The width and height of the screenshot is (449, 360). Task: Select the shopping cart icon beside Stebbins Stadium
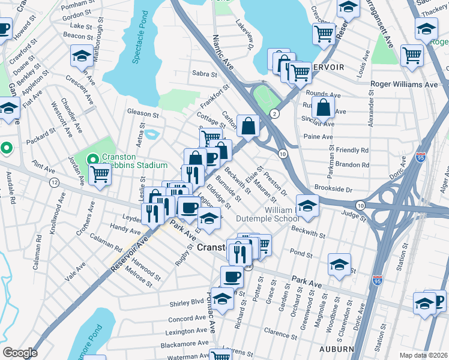tap(100, 175)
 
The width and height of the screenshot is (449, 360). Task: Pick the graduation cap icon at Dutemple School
tap(307, 206)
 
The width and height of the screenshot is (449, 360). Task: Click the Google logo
tap(20, 353)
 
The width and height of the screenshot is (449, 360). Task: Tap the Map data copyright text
tap(423, 355)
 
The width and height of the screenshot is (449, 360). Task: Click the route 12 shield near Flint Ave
tap(54, 182)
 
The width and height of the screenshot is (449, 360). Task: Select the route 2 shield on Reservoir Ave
tap(274, 113)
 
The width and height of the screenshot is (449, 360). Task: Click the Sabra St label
tap(204, 74)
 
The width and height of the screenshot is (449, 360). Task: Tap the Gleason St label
tap(143, 113)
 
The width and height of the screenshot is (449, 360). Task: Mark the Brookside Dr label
tap(332, 188)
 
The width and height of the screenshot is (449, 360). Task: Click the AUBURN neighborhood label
tap(337, 349)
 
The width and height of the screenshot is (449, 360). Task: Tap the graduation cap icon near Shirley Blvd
tap(223, 299)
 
